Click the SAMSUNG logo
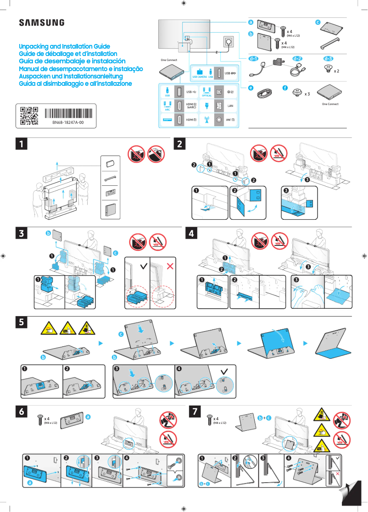tap(41, 23)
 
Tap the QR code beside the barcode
tap(29, 116)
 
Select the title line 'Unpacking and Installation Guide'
tap(64, 47)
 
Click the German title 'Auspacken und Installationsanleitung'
tap(71, 76)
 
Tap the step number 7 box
tap(196, 412)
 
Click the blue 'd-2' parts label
tap(297, 59)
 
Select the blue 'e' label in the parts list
tap(251, 87)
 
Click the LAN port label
tap(231, 106)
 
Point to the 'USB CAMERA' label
tap(200, 77)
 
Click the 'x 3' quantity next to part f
tap(307, 94)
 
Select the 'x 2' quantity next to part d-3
tap(336, 72)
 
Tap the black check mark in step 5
tap(224, 371)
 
